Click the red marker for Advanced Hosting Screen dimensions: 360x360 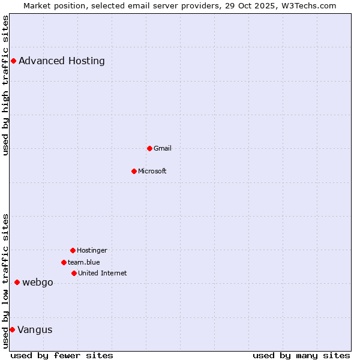point(13,61)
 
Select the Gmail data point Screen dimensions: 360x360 point(149,148)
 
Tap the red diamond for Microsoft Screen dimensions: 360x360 point(134,171)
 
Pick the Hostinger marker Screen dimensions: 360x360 point(73,250)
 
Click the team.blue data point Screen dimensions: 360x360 point(64,262)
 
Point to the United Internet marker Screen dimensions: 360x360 point(74,273)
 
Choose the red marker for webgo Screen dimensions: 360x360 point(17,282)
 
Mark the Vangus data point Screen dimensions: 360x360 point(12,329)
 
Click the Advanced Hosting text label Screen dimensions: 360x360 point(62,61)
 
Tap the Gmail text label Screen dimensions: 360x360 point(163,148)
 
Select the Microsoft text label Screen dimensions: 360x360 point(152,171)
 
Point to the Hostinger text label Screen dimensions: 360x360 point(92,250)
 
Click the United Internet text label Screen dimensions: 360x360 point(103,273)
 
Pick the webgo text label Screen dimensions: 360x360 point(38,282)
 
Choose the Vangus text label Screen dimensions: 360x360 point(35,329)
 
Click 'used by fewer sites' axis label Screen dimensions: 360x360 point(62,355)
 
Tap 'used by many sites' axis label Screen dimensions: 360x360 point(301,355)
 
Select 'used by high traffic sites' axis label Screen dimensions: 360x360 point(5,85)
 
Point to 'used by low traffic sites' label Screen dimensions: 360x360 point(5,281)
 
